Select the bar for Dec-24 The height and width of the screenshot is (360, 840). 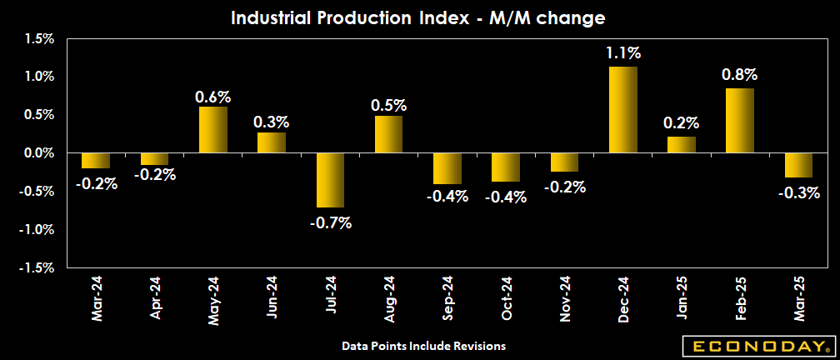coord(623,109)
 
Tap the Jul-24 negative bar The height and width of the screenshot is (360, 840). coord(331,180)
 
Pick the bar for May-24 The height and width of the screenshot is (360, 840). coord(213,129)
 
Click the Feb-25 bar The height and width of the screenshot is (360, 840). coord(740,120)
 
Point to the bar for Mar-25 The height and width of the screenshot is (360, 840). coord(799,165)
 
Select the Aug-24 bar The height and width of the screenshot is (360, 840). coord(389,134)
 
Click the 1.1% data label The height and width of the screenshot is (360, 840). coord(623,53)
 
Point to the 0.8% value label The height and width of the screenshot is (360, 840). coord(740,75)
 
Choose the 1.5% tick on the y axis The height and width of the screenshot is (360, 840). coord(38,38)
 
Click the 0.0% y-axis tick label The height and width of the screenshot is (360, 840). coord(38,153)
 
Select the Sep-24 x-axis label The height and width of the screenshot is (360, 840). coord(447,298)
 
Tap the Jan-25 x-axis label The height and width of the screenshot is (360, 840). coord(682,298)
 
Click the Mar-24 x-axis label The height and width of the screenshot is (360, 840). coord(97,298)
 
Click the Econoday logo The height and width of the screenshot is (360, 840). coord(757,345)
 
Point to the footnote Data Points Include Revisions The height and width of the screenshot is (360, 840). coord(423,345)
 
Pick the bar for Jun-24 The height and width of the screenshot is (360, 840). coord(272,142)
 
